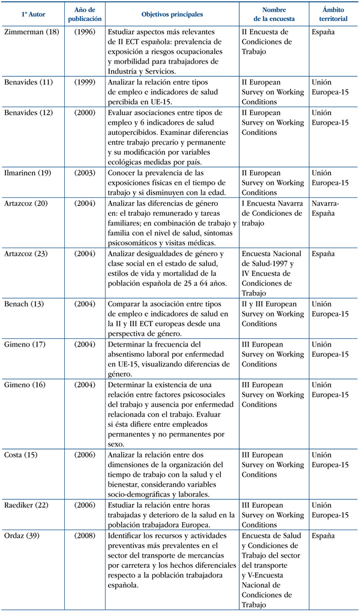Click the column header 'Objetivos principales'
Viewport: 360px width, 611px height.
172,13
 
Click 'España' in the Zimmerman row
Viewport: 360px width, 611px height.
324,31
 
